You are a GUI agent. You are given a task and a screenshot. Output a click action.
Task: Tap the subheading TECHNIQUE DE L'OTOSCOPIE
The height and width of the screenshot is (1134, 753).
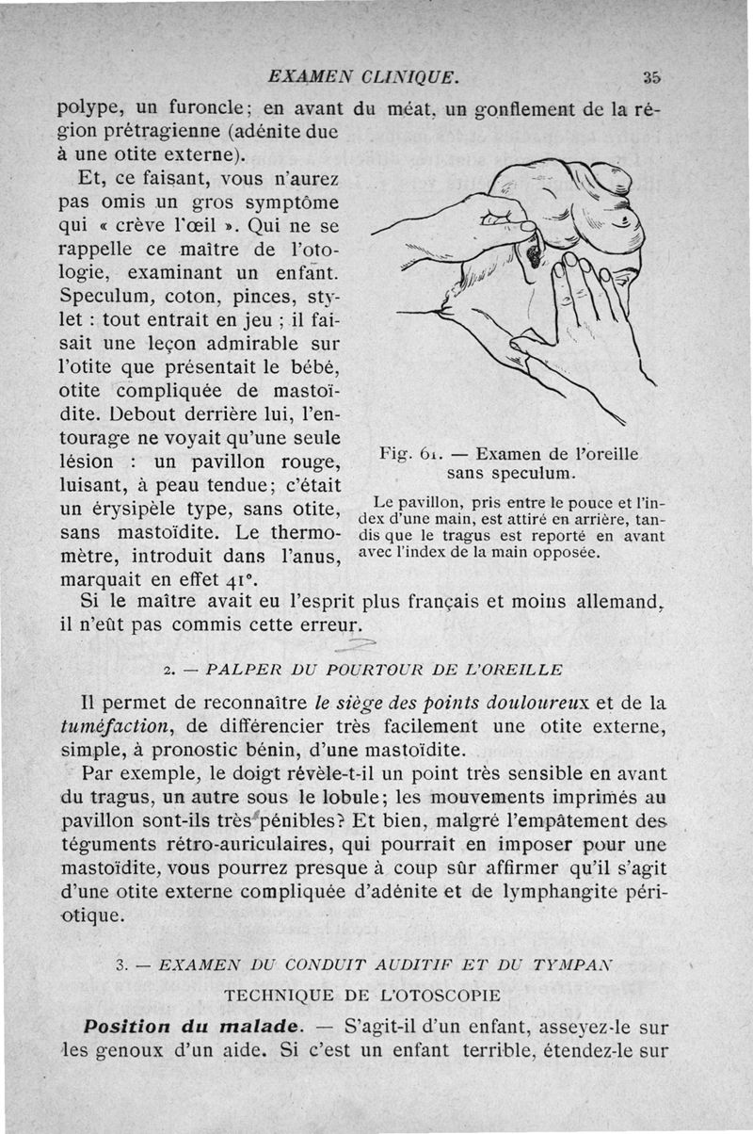(374, 996)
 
